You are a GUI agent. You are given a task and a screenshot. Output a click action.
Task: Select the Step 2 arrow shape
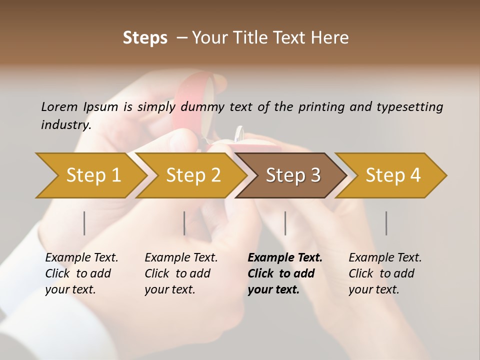[x=193, y=175]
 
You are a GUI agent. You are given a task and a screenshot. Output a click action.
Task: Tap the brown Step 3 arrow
[x=293, y=175]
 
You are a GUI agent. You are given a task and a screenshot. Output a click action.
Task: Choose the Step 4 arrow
[x=393, y=175]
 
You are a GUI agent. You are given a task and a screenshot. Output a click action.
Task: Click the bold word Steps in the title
[x=145, y=38]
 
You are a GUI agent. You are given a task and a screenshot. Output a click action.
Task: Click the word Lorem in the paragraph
[x=59, y=106]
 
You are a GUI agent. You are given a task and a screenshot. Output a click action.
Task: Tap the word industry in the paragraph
[x=65, y=124]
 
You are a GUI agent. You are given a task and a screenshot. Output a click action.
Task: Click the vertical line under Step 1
[x=84, y=223]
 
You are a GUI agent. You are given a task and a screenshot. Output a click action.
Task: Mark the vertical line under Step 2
[x=184, y=223]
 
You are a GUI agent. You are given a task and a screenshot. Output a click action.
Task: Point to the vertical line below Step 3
[x=285, y=223]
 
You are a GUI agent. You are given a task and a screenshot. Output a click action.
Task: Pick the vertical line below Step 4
[x=386, y=223]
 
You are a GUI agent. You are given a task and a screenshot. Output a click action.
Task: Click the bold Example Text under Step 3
[x=285, y=258]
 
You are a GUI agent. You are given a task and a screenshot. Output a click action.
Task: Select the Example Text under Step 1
[x=81, y=258]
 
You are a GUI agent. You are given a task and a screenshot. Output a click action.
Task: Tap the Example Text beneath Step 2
[x=181, y=258]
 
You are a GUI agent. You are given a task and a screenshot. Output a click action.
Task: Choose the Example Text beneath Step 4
[x=385, y=258]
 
